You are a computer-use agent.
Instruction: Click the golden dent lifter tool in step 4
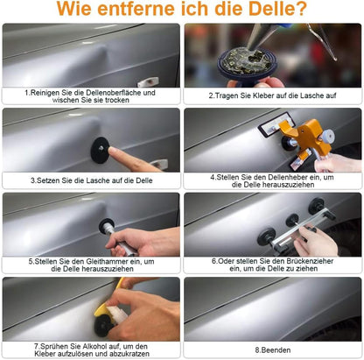[x=301, y=138]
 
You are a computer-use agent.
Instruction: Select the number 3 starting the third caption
[x=33, y=180]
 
